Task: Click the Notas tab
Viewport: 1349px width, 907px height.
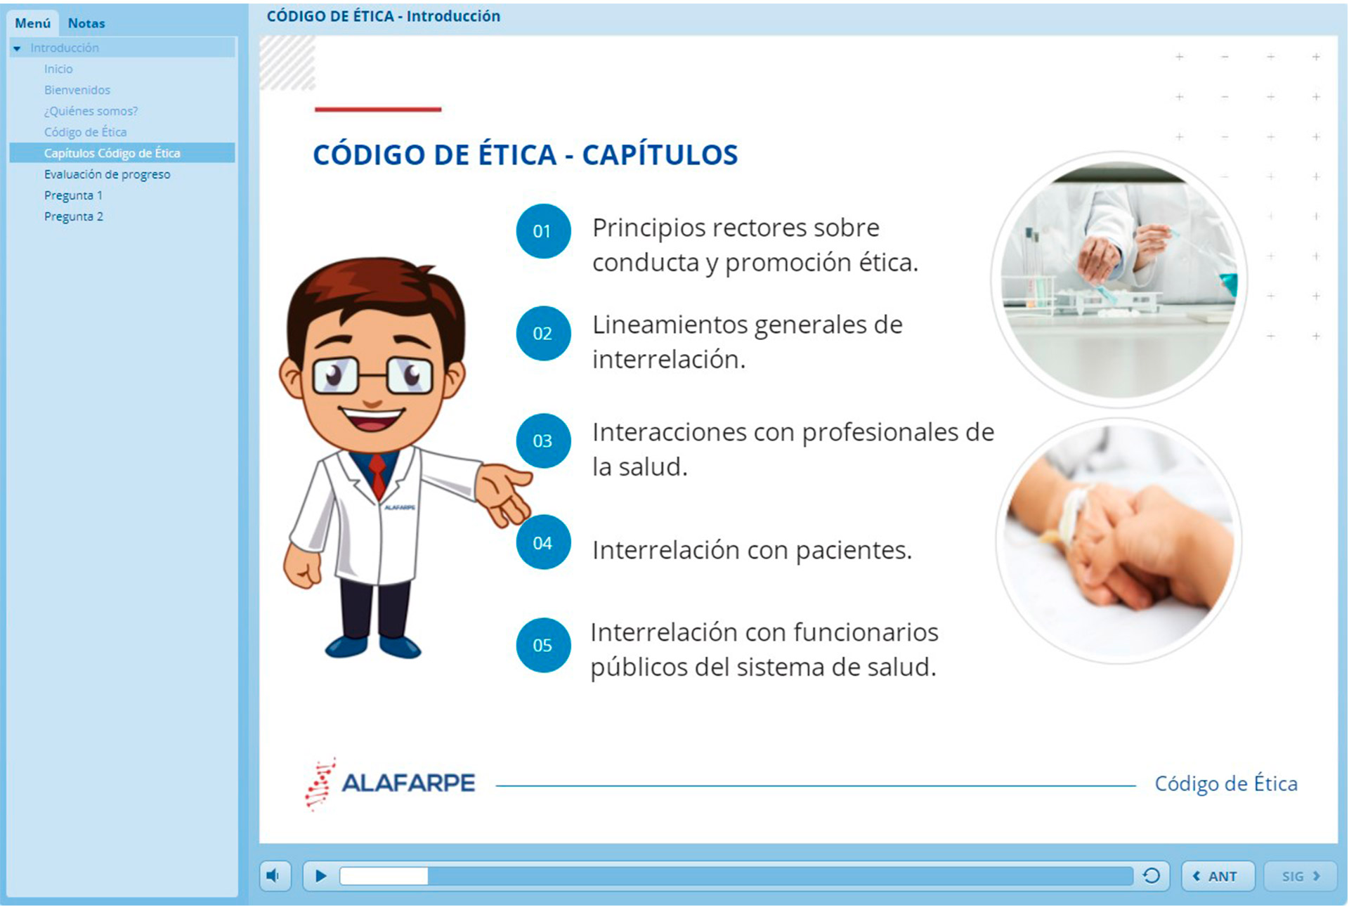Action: (86, 23)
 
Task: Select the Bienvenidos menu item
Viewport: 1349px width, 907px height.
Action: (77, 90)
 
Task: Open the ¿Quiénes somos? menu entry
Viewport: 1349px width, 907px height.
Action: (91, 111)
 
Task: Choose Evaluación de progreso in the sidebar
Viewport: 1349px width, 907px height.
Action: (107, 174)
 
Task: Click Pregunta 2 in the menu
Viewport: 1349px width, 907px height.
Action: (74, 216)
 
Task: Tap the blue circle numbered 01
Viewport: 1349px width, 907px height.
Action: (543, 231)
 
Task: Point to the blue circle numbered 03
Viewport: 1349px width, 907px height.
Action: (543, 441)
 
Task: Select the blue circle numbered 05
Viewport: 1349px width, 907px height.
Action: (543, 645)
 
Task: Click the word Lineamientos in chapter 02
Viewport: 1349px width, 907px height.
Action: (670, 325)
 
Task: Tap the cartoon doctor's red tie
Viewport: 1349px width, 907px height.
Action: (378, 476)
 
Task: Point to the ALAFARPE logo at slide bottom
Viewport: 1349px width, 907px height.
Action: (390, 783)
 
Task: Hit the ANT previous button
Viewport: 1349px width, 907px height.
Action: (1218, 876)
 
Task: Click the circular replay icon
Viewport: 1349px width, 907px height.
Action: (1151, 876)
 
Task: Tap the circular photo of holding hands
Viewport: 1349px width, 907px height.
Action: (1119, 541)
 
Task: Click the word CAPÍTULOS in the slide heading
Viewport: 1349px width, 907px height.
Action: (660, 154)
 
